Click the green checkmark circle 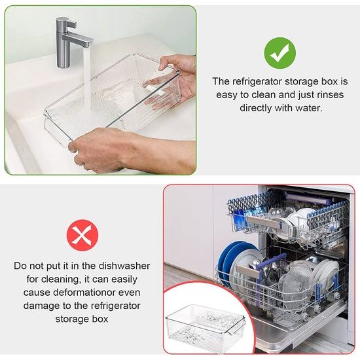point(279,53)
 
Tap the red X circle point(82,235)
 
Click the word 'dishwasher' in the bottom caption point(124,266)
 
